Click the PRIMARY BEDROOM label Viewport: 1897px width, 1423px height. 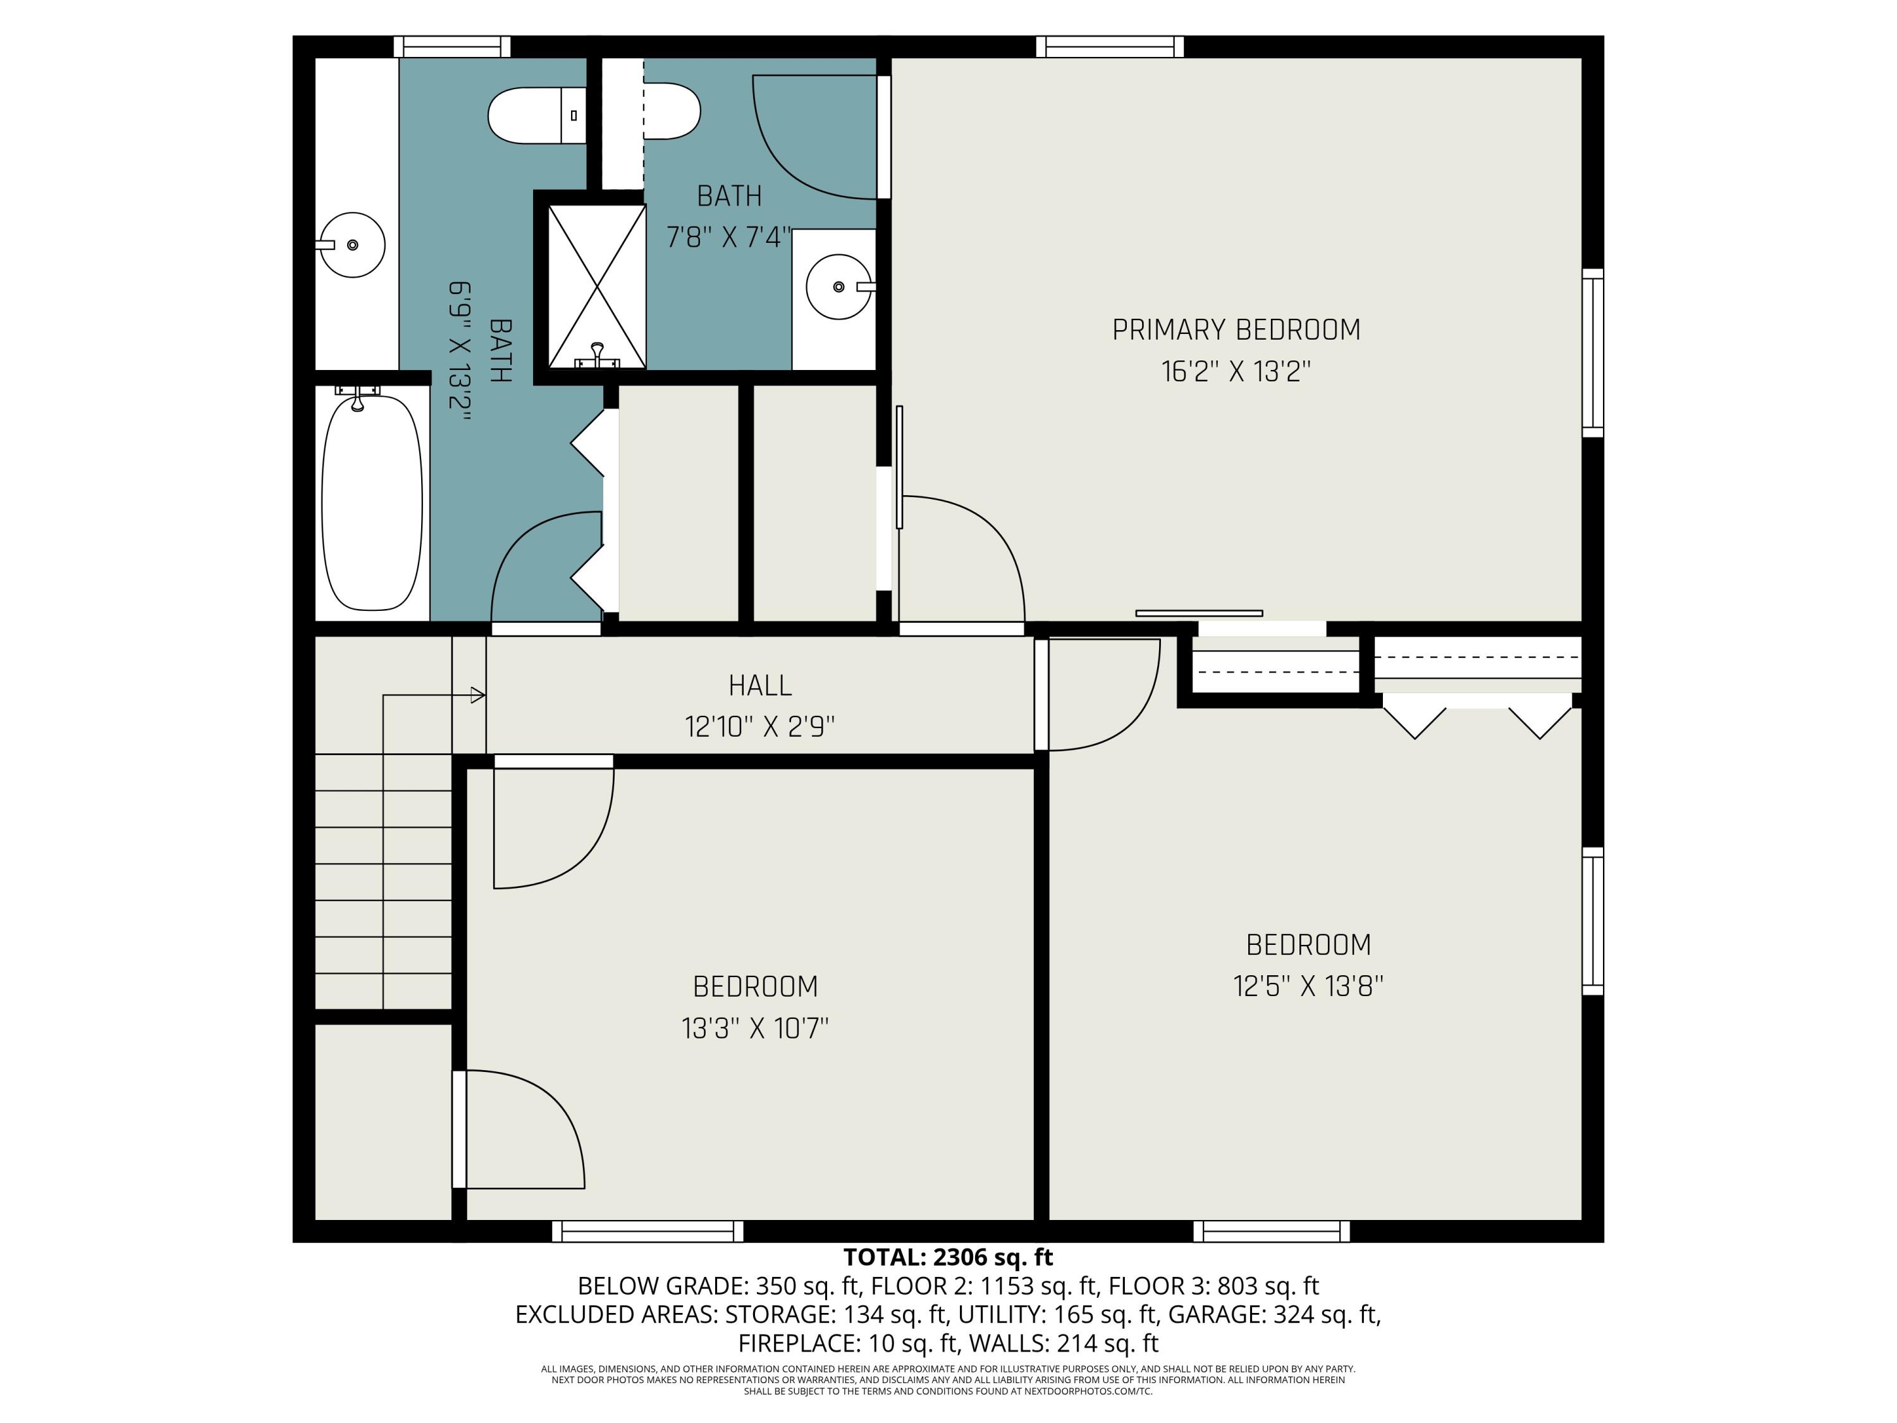click(x=1236, y=330)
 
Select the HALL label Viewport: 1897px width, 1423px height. click(x=760, y=686)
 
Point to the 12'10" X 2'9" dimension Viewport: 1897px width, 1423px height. click(x=760, y=727)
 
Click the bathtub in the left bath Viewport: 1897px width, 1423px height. click(x=372, y=503)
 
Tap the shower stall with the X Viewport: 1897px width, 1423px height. click(x=597, y=286)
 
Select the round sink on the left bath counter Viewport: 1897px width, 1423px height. click(x=352, y=245)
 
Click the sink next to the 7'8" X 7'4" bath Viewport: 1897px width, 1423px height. click(x=838, y=286)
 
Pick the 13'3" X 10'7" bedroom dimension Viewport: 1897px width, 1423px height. click(x=754, y=1028)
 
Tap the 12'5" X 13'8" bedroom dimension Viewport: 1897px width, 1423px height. click(x=1308, y=987)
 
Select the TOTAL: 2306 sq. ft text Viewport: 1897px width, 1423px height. click(x=948, y=1257)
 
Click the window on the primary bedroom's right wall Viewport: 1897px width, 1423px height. click(x=1593, y=352)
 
